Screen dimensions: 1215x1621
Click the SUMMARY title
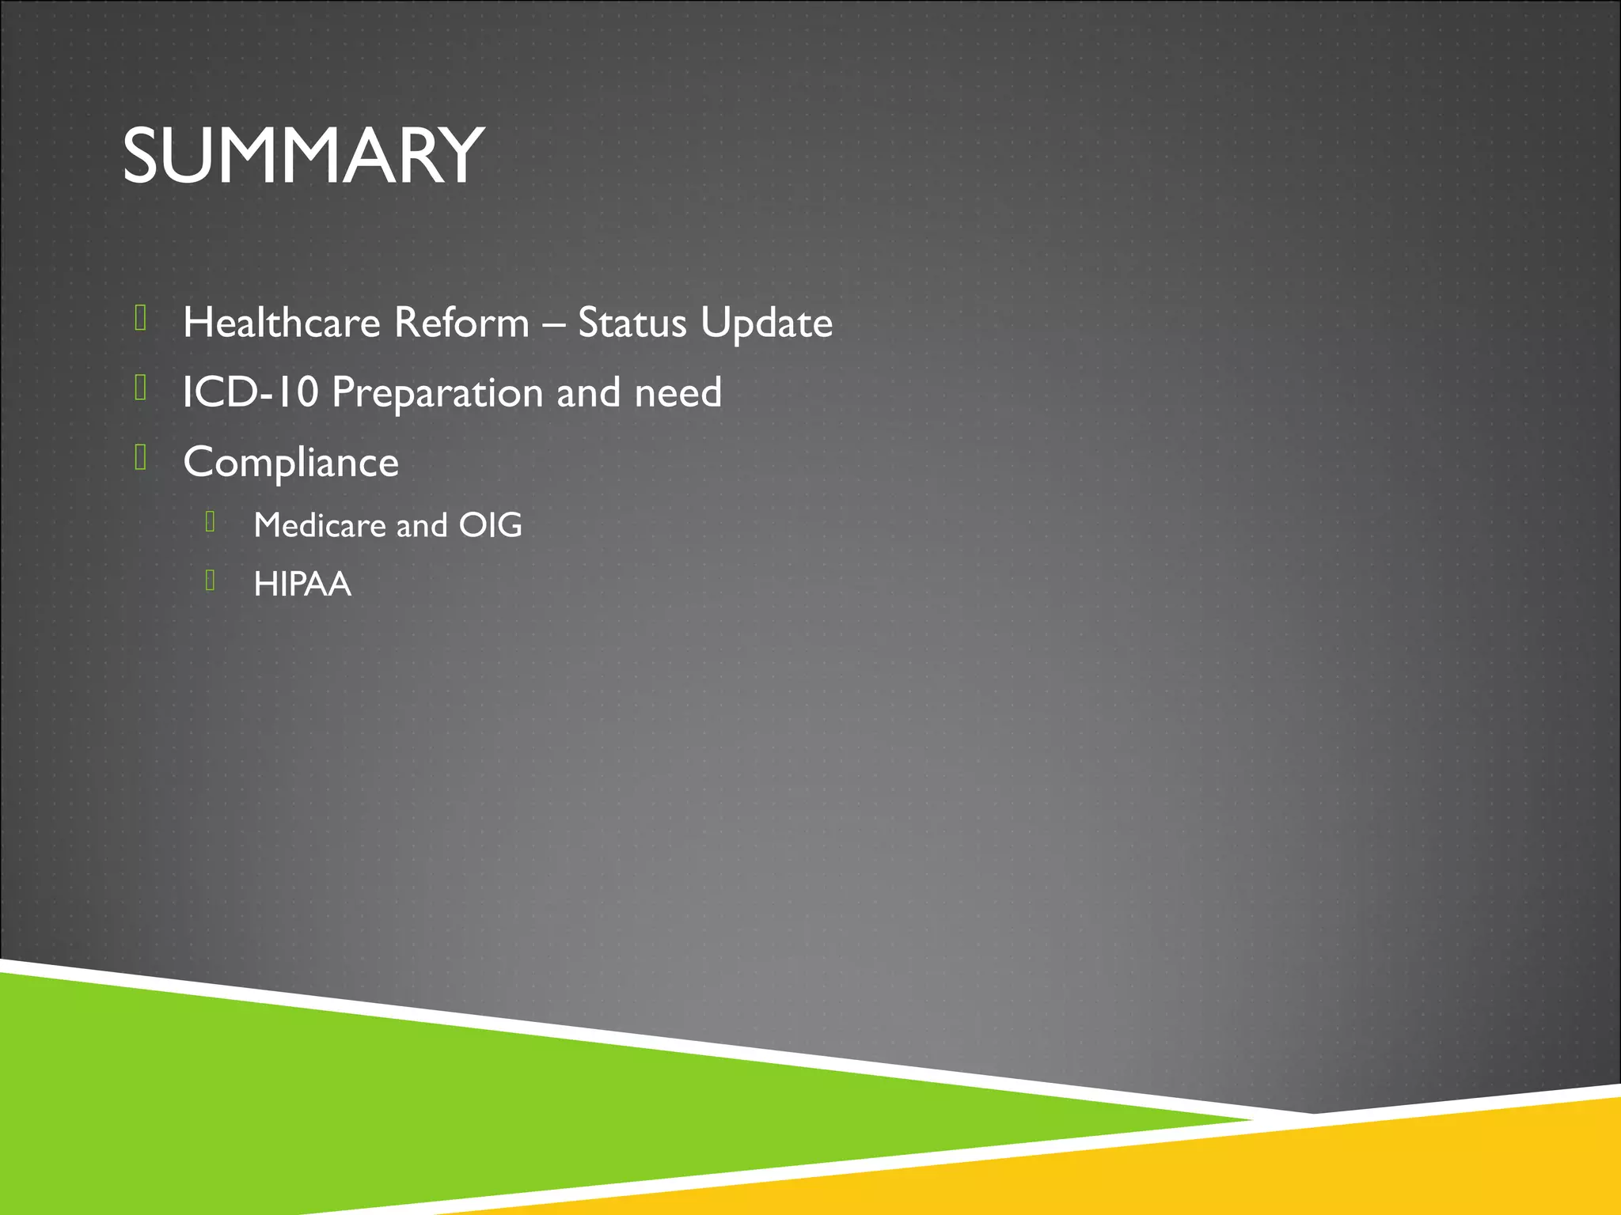point(303,156)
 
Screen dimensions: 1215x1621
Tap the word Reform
point(461,323)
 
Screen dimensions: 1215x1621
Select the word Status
point(632,323)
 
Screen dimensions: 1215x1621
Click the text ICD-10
point(250,392)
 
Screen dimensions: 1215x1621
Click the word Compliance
point(290,463)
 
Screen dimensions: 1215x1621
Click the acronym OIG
point(491,525)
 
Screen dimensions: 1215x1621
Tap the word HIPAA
point(302,585)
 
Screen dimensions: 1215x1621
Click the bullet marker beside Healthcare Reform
point(141,318)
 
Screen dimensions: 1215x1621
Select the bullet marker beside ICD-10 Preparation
point(141,388)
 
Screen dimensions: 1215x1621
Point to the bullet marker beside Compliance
point(141,457)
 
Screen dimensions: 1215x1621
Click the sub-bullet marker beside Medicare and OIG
point(211,521)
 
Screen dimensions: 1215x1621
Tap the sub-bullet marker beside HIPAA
point(211,581)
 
